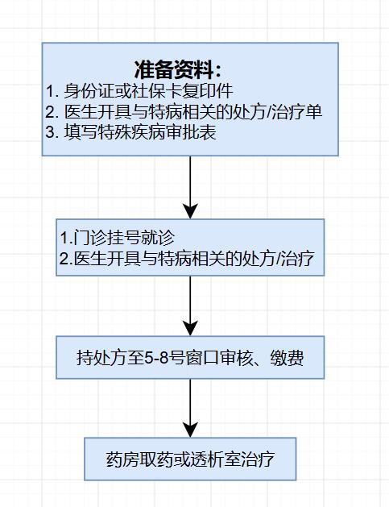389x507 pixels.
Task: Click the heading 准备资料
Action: pos(177,69)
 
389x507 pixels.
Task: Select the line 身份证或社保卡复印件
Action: pos(139,91)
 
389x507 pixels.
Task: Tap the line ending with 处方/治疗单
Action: pos(184,112)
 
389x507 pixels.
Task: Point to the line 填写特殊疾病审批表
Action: pos(130,132)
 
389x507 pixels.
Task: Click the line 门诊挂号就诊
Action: pos(118,238)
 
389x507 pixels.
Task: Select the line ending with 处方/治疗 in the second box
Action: pos(187,259)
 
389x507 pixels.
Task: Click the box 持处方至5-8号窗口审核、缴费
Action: pos(190,357)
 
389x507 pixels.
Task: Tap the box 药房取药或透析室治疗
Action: pos(190,459)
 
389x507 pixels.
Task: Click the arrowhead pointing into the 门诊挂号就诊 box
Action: pos(190,211)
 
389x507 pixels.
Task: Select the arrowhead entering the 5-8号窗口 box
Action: pos(190,329)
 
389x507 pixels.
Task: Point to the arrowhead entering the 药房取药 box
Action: pos(190,430)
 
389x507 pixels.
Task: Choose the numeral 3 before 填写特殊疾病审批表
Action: pos(50,132)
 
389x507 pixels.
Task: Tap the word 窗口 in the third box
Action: pos(203,358)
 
